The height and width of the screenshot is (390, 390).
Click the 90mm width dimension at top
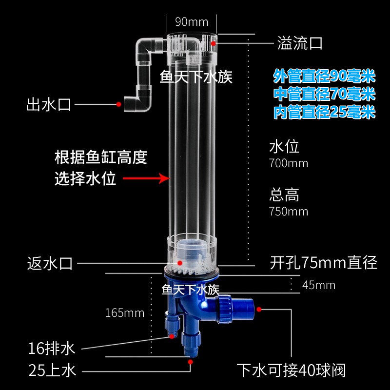click(x=192, y=22)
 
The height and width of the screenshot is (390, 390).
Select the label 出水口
click(x=49, y=104)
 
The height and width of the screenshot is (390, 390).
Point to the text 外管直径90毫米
click(x=324, y=77)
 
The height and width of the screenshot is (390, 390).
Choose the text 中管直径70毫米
click(x=324, y=95)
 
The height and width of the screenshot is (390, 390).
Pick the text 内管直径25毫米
click(x=324, y=113)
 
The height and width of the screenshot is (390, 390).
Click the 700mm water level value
click(x=289, y=163)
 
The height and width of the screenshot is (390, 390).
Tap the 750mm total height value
click(x=289, y=212)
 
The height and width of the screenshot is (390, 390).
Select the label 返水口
click(x=50, y=264)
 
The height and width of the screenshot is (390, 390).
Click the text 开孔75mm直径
click(x=324, y=263)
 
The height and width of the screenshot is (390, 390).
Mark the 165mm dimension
click(x=125, y=313)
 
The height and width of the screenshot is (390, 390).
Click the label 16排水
click(x=52, y=349)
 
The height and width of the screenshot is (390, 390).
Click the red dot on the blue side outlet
click(x=259, y=309)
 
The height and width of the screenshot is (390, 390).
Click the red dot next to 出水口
click(x=118, y=104)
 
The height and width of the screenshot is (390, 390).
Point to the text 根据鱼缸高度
click(x=101, y=158)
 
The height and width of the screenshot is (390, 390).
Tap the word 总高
click(x=284, y=195)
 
